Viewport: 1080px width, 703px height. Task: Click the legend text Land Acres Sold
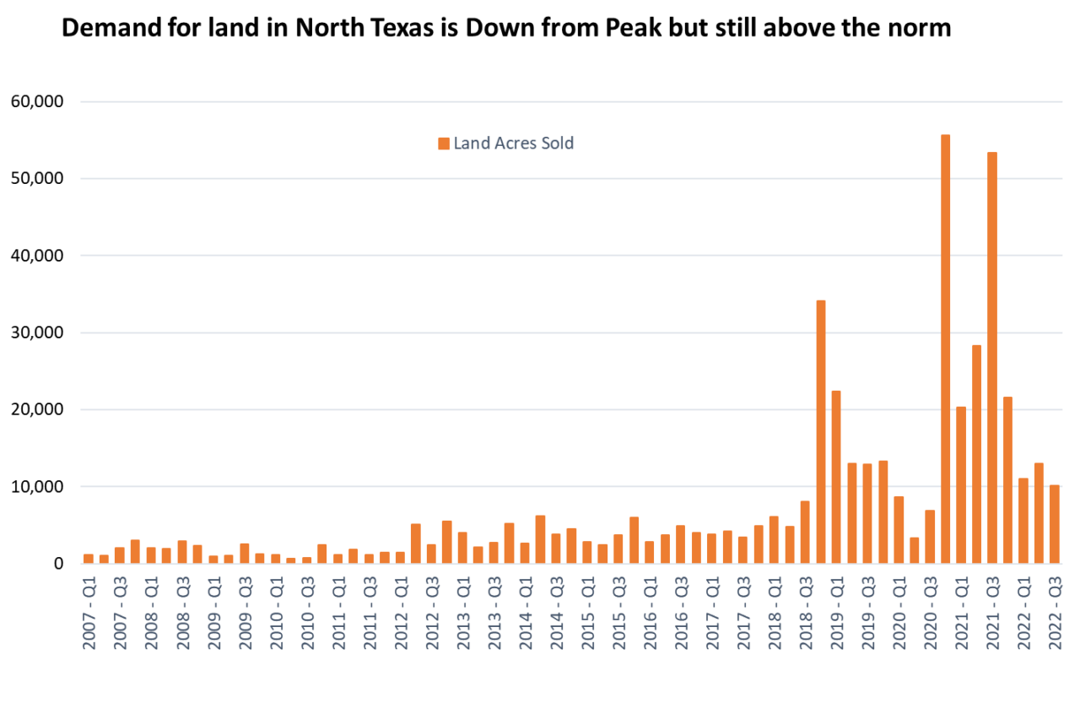pos(513,143)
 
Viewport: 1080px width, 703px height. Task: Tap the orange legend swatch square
pos(444,143)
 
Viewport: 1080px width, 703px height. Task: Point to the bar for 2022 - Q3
pos(1055,523)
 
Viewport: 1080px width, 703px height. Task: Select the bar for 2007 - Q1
pos(88,558)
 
